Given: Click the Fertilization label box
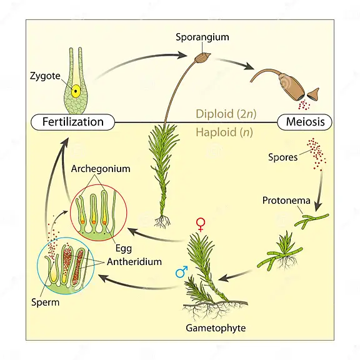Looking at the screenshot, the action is click(x=72, y=122).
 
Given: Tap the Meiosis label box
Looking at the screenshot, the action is click(x=304, y=122).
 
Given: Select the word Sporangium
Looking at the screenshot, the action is click(x=202, y=37).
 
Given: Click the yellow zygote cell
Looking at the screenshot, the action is click(x=76, y=91).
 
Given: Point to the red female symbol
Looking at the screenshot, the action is click(x=201, y=224).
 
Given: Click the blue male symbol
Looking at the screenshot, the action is click(x=182, y=272).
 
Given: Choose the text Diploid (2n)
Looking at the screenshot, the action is click(x=226, y=114).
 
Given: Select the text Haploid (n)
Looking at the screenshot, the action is click(x=224, y=132).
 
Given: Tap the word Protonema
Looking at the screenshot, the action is click(x=286, y=201).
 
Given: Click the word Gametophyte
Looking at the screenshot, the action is click(x=216, y=328).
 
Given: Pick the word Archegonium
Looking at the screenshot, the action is click(x=101, y=169).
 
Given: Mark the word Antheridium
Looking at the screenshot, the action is click(x=134, y=262).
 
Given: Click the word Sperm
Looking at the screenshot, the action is click(x=45, y=302).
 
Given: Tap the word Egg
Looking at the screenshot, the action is click(x=124, y=248).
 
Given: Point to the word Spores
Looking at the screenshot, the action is click(x=283, y=157).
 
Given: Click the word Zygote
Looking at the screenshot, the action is click(x=45, y=76).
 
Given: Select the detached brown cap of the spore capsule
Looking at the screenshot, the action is click(x=313, y=94).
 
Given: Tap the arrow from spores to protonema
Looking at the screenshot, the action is click(x=319, y=191).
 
